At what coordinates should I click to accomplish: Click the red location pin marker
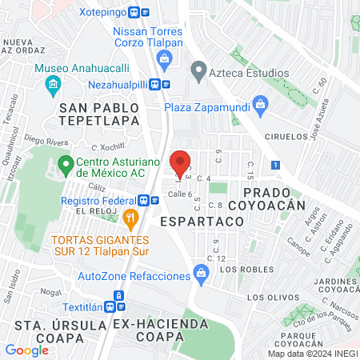(180, 162)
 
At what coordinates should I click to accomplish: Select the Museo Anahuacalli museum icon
(53, 82)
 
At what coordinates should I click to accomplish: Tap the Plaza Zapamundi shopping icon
(259, 103)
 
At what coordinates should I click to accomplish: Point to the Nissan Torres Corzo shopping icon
(165, 57)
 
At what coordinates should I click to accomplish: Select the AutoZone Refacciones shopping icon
(202, 276)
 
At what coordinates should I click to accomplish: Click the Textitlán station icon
(120, 295)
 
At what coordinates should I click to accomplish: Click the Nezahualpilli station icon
(165, 82)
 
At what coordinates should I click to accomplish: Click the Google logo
(26, 350)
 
